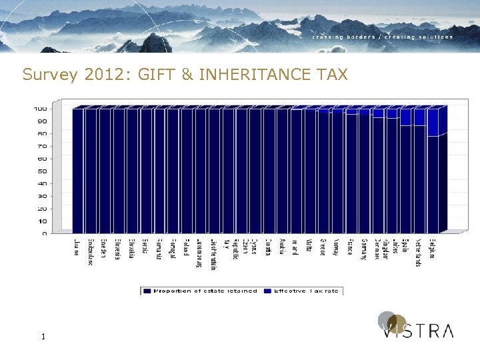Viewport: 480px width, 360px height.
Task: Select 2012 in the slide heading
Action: click(104, 74)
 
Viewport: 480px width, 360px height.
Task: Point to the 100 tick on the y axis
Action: click(40, 109)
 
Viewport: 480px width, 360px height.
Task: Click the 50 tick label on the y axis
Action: click(42, 171)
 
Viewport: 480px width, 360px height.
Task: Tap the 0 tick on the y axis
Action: click(44, 234)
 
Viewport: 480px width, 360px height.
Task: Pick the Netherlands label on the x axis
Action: click(419, 254)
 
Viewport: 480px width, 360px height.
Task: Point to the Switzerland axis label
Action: click(91, 253)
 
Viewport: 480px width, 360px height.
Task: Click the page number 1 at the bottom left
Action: click(43, 337)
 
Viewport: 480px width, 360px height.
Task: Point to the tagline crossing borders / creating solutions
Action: click(383, 37)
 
